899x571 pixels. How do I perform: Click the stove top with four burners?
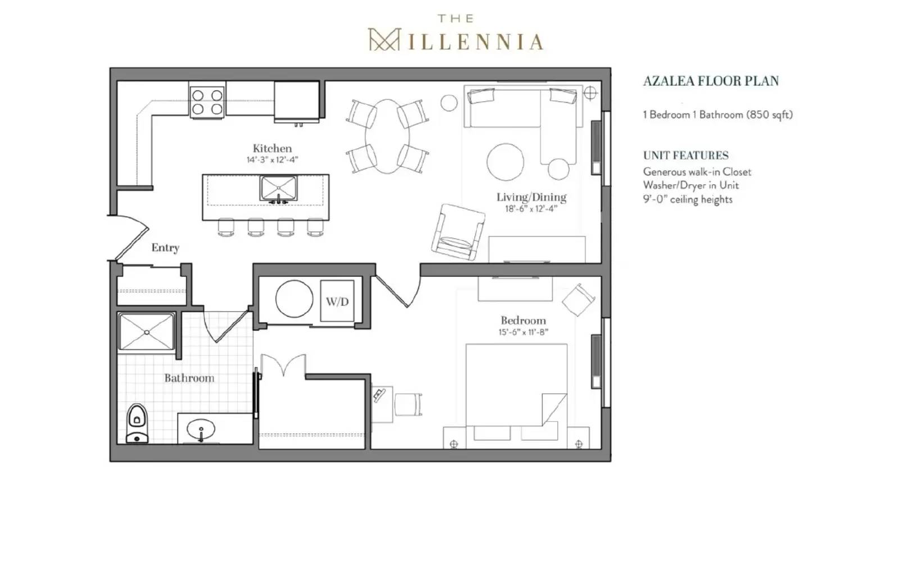coord(207,102)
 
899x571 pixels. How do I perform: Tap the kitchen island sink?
coord(279,189)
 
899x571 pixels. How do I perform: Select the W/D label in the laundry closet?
coord(337,302)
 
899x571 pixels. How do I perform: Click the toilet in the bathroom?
coord(137,423)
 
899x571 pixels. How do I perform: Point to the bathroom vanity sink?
coord(201,432)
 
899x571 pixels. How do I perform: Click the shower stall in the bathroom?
coord(147,332)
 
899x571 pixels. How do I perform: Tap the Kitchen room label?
coord(272,148)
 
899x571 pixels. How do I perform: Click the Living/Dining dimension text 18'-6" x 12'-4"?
coord(530,209)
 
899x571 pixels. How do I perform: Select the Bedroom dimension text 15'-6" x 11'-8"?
coord(523,332)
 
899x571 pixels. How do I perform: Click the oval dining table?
coord(387,136)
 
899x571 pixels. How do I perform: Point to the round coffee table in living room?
coord(505,161)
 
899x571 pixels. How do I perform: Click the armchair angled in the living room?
coord(458,232)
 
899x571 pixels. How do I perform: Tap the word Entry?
coord(165,248)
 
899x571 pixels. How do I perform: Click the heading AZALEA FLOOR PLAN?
coord(711,81)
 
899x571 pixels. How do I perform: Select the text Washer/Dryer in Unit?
coord(691,185)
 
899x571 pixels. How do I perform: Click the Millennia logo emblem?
coord(383,40)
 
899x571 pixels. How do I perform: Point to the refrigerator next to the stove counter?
coord(297,101)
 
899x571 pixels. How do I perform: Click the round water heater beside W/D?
coord(294,299)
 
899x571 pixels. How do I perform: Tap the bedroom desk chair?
coord(408,404)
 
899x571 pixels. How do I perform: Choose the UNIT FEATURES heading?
coord(685,156)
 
